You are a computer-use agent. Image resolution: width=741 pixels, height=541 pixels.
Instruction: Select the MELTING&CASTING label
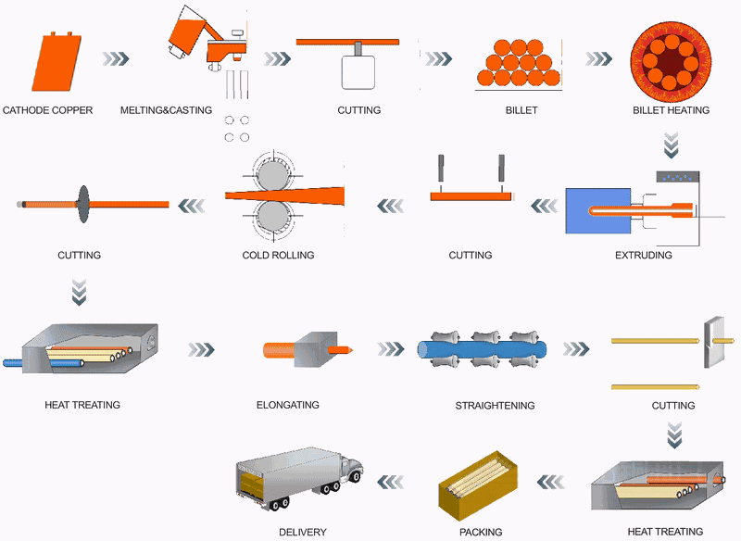click(166, 110)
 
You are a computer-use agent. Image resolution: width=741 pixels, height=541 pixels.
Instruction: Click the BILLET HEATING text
click(671, 110)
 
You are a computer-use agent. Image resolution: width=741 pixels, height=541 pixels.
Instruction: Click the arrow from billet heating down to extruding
click(671, 145)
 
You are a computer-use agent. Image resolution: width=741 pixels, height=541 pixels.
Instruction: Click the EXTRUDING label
click(643, 255)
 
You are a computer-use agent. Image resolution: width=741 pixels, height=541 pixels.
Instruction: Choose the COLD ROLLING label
click(278, 255)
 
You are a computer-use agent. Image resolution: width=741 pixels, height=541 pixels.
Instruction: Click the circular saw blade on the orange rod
click(82, 203)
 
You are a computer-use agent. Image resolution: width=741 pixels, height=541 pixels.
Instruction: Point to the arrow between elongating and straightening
click(390, 349)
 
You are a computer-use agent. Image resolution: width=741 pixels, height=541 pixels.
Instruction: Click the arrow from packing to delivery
click(389, 480)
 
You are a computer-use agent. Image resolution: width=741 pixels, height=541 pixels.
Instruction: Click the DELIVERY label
click(303, 532)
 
